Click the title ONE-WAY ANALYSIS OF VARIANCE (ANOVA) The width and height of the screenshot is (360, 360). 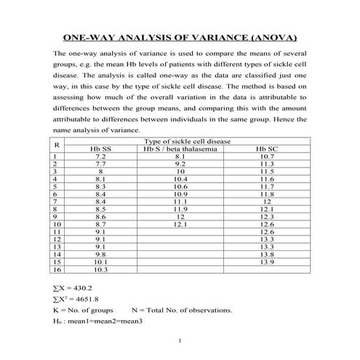click(180, 37)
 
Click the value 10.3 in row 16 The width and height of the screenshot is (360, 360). click(100, 269)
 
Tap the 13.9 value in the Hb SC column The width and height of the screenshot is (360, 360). click(267, 262)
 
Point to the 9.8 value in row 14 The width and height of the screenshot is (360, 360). click(100, 255)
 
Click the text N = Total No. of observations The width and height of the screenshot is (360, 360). click(181, 310)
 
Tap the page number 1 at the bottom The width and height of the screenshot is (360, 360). click(180, 342)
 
